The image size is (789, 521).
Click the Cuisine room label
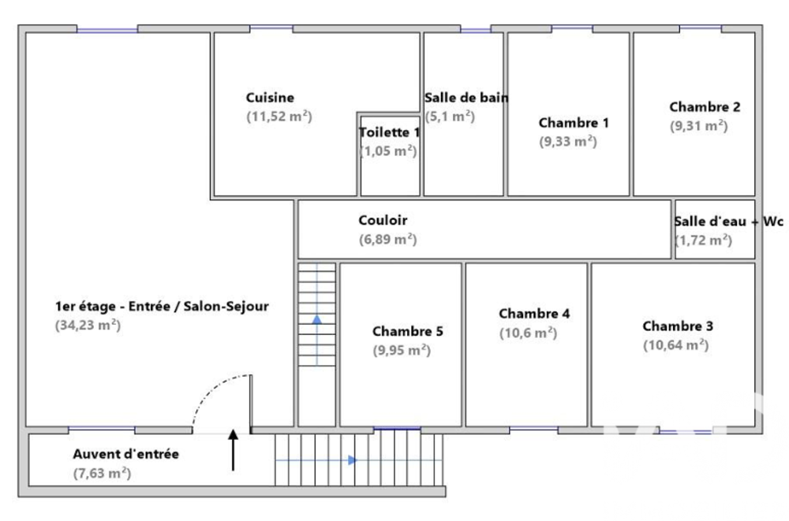270,98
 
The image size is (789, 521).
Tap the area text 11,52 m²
279,117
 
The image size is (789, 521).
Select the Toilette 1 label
389,132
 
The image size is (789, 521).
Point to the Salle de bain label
466,98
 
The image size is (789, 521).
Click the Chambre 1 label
574,123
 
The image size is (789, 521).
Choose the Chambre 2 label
705,106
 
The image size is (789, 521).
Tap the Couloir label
383,220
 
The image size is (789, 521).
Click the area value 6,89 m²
388,240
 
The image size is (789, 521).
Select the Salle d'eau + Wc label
728,221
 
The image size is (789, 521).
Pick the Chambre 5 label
408,331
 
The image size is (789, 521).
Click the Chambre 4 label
534,314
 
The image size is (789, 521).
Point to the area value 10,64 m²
676,345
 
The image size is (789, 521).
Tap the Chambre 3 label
678,326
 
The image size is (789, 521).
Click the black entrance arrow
233,450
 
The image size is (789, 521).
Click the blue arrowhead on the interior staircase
317,319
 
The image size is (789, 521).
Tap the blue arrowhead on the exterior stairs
353,460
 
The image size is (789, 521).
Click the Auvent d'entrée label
125,454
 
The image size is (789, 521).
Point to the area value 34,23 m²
88,326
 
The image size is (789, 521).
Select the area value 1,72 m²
704,240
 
